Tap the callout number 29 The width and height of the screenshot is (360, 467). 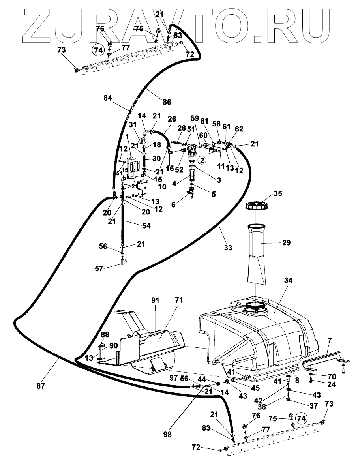point(286,242)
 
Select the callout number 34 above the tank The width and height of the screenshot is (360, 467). point(288,280)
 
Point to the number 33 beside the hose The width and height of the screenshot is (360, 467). point(228,247)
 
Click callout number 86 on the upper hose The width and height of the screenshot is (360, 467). point(167,102)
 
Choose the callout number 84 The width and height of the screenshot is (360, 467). point(107,98)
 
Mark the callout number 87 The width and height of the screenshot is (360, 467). point(41,386)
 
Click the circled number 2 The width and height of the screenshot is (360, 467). point(202,160)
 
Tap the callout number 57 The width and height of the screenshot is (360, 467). point(99,268)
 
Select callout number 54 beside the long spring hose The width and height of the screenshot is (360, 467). point(146,226)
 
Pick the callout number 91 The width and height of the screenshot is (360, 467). point(155,300)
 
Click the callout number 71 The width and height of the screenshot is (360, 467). point(179,300)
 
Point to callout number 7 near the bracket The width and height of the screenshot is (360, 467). point(329,340)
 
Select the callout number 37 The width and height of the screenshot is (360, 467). point(314,406)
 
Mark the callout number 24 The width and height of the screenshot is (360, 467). point(331,384)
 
